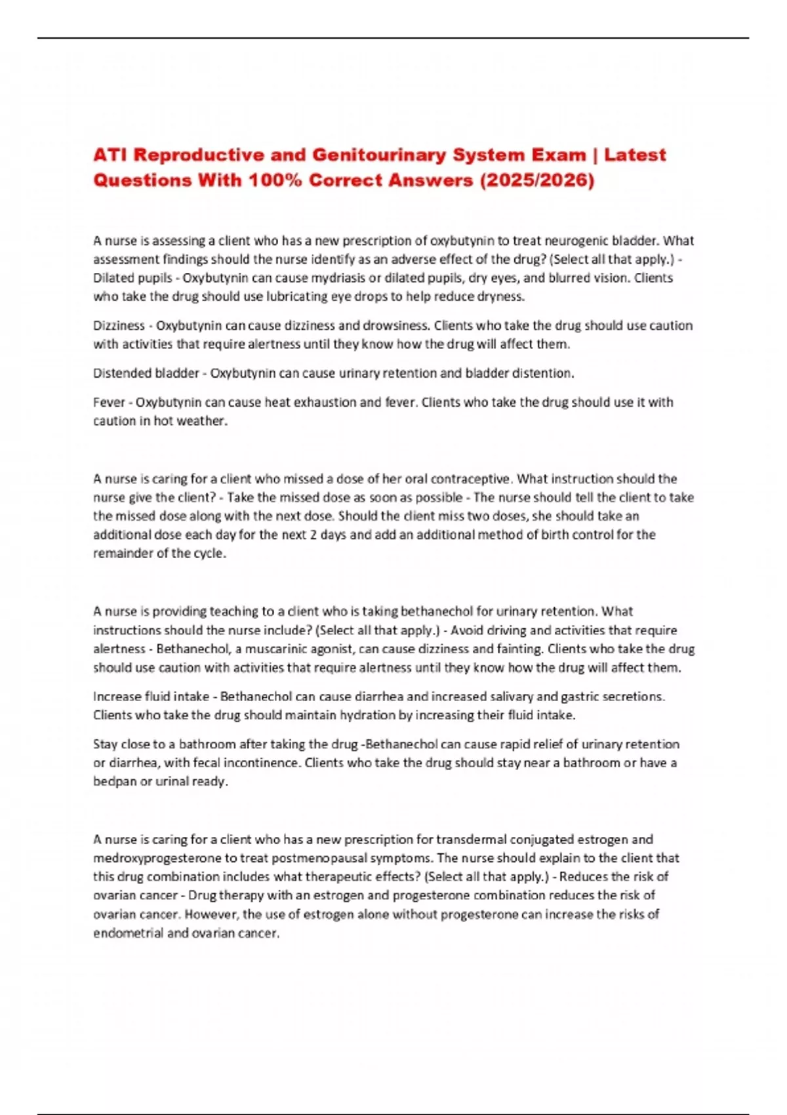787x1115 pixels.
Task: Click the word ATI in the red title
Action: tap(110, 155)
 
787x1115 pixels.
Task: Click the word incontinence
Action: tap(266, 763)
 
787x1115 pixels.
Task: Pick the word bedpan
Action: tap(114, 782)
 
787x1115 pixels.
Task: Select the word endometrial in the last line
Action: tap(128, 933)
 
